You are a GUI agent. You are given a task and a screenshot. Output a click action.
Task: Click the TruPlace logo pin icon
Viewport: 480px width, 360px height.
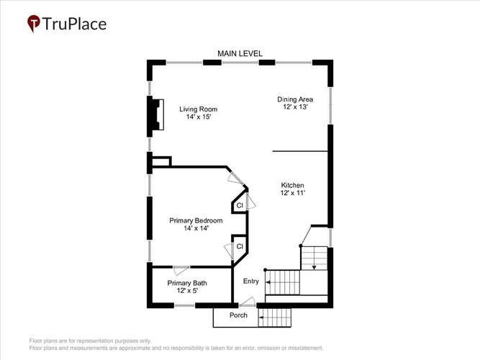coord(34,23)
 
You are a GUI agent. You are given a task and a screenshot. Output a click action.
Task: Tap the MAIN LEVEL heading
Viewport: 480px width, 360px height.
coord(240,53)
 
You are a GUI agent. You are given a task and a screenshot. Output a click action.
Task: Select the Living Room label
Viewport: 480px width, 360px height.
coord(199,109)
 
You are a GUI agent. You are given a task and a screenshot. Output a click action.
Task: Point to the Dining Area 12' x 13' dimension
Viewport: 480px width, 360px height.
coord(295,107)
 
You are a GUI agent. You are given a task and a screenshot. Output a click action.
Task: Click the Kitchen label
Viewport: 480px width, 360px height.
coord(292,185)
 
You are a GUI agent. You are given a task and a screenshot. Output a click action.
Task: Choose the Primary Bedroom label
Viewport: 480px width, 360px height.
coord(196,220)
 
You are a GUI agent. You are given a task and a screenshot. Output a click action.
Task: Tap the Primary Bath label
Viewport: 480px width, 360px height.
coord(187,283)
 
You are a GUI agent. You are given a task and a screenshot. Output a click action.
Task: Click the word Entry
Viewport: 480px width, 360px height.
coord(251,281)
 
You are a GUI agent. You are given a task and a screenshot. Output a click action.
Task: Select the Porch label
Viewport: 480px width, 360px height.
coord(238,315)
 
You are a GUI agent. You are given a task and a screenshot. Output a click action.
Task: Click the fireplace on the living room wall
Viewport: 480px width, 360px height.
coord(156,114)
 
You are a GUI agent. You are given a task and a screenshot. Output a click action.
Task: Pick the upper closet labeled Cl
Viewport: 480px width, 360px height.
coord(240,203)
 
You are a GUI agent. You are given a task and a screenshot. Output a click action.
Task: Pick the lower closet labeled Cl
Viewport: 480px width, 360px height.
coord(240,248)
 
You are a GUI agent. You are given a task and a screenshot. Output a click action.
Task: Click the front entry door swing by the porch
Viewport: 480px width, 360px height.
coord(248,302)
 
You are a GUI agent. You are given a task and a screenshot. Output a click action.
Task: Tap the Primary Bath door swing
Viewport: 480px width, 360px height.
coord(181,271)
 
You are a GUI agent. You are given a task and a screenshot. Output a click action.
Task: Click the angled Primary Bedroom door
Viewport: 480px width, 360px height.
coord(235,179)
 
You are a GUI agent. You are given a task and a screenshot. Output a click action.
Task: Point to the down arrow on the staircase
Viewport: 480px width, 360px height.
coord(314,267)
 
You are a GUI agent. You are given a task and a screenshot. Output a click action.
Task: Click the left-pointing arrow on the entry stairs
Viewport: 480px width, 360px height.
coord(268,282)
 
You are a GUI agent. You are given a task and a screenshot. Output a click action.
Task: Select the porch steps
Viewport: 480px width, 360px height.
coord(275,318)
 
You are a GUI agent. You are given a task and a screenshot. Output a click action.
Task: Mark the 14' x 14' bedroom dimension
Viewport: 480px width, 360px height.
coord(196,228)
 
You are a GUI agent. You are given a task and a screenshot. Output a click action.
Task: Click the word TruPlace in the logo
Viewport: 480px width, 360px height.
coord(74,24)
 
